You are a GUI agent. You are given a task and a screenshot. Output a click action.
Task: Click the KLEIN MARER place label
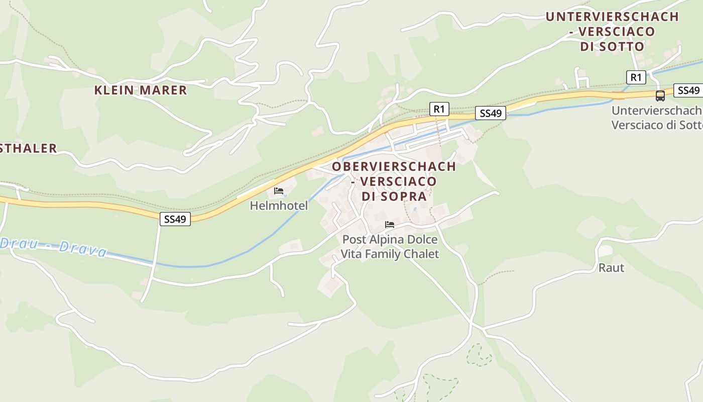pyautogui.click(x=141, y=90)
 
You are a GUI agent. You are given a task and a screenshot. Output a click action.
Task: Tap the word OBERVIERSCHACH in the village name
pyautogui.click(x=394, y=166)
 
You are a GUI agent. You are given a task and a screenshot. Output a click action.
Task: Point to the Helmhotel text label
pyautogui.click(x=279, y=206)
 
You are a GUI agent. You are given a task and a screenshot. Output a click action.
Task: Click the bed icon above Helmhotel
pyautogui.click(x=279, y=191)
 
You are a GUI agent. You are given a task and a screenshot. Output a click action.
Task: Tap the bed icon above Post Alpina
pyautogui.click(x=390, y=225)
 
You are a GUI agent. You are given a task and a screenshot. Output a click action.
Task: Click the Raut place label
pyautogui.click(x=611, y=268)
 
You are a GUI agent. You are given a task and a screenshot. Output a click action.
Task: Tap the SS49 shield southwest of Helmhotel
pyautogui.click(x=175, y=219)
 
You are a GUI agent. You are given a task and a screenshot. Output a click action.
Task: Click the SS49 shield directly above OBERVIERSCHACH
pyautogui.click(x=491, y=114)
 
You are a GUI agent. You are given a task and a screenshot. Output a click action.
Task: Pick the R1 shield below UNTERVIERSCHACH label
pyautogui.click(x=636, y=77)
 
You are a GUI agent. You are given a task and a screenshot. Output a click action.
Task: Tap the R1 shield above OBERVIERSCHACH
pyautogui.click(x=439, y=109)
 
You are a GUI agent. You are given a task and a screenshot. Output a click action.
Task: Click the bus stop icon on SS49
pyautogui.click(x=660, y=95)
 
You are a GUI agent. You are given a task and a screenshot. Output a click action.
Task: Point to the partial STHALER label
pyautogui.click(x=29, y=148)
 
